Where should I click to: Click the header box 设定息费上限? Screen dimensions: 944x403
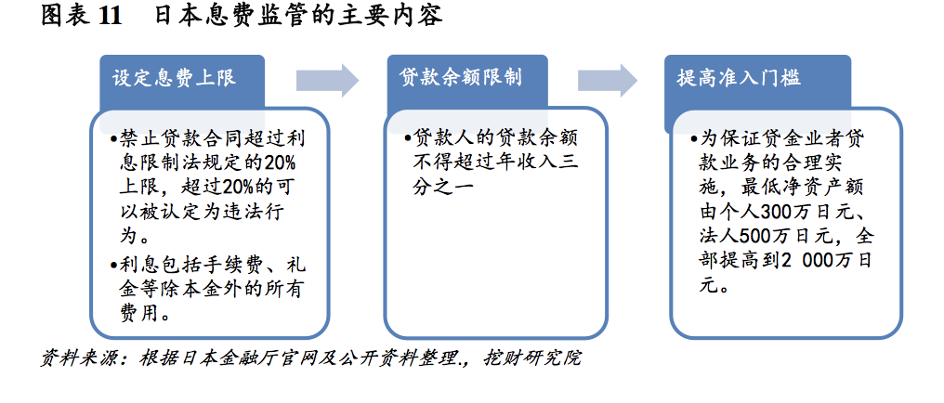coord(182,84)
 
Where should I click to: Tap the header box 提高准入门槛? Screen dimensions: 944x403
coord(757,84)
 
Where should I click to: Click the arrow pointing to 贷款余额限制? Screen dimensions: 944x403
coord(327,80)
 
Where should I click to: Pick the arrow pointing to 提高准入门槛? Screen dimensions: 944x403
coord(608,80)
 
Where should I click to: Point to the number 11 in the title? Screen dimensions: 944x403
coord(110,16)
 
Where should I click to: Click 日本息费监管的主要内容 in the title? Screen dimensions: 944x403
coord(298,16)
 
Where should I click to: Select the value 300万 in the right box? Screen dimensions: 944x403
coord(788,213)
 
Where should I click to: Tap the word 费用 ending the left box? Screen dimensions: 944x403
coord(139,313)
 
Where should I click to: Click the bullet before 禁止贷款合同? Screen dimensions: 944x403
coord(113,139)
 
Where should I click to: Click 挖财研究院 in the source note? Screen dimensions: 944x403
coord(532,358)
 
